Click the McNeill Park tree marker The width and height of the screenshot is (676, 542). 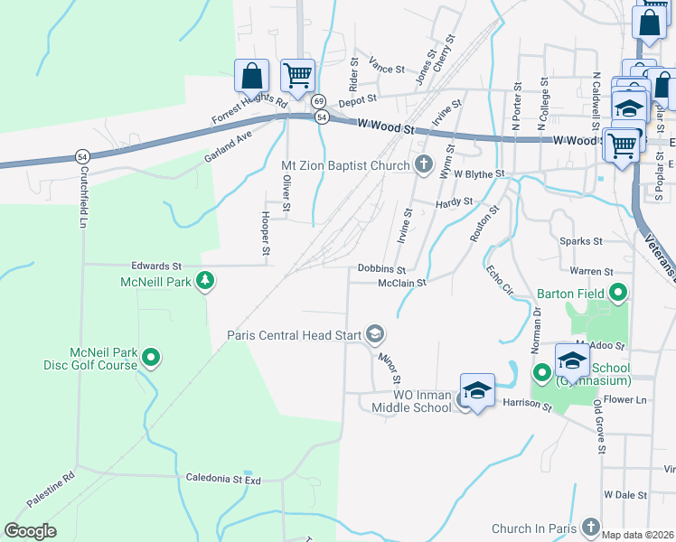tap(206, 282)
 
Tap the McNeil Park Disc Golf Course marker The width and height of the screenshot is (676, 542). tap(152, 359)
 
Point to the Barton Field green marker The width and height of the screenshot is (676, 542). tap(618, 293)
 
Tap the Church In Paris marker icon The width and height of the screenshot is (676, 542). tap(590, 527)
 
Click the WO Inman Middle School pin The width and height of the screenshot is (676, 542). tap(477, 391)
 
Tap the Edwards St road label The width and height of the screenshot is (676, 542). tap(156, 266)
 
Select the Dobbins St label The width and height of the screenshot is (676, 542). tap(381, 269)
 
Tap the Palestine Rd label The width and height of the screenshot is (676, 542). tap(50, 489)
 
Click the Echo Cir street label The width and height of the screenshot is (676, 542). tap(500, 281)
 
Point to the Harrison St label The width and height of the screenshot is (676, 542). tap(527, 404)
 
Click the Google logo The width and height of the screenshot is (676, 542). tap(30, 531)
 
